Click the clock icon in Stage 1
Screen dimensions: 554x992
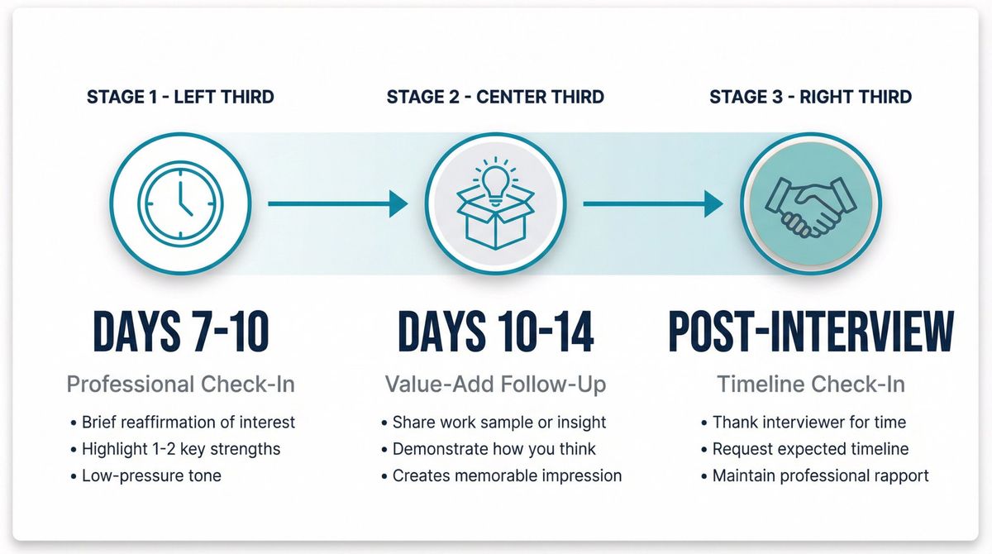(180, 203)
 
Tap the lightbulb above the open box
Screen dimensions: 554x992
(495, 179)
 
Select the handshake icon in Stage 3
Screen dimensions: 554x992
(810, 203)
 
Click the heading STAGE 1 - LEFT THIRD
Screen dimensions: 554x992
(180, 97)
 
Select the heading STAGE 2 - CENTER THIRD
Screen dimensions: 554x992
(495, 97)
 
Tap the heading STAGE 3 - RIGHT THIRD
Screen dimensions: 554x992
(810, 97)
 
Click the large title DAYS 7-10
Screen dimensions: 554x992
(180, 332)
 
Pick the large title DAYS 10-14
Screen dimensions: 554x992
(495, 332)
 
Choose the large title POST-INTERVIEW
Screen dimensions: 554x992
(810, 332)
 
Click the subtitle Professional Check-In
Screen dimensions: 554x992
(180, 384)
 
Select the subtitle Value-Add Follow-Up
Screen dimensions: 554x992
(495, 384)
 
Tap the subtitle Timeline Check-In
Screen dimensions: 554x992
(810, 384)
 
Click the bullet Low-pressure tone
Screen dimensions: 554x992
(151, 476)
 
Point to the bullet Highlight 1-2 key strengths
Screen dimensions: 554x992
(181, 449)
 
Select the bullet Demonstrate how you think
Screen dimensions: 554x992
(495, 449)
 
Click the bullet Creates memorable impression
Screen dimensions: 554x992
(507, 475)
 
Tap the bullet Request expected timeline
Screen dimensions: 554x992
(810, 449)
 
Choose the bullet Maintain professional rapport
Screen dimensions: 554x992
(820, 475)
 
